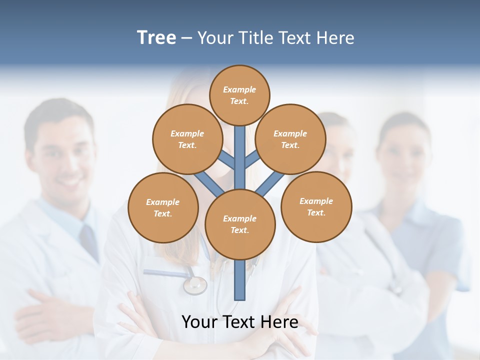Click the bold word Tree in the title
tap(156, 37)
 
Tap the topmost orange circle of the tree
tap(239, 95)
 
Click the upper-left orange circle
tap(187, 139)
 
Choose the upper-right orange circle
tap(290, 139)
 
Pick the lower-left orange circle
tap(163, 207)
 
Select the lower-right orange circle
tap(316, 206)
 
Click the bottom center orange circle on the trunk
tap(240, 224)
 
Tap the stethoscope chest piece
tap(194, 285)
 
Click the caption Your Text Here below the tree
tap(240, 322)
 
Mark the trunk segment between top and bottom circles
tap(240, 157)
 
